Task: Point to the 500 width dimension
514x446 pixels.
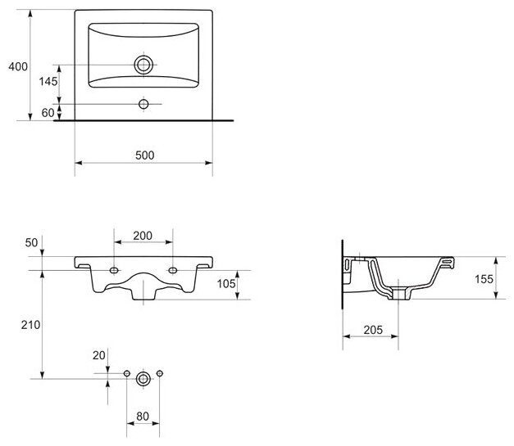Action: click(x=143, y=155)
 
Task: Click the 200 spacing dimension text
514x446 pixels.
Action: click(x=143, y=235)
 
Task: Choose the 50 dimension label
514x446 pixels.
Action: click(x=31, y=243)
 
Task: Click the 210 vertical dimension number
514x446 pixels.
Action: click(x=30, y=325)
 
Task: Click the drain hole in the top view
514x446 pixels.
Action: click(x=144, y=64)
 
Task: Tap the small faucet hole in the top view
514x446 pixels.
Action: click(x=143, y=104)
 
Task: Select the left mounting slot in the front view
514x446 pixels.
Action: click(x=113, y=269)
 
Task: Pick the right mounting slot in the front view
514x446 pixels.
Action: click(x=174, y=269)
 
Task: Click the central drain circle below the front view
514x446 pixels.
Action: click(x=143, y=377)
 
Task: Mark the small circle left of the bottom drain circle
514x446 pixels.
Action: click(x=127, y=373)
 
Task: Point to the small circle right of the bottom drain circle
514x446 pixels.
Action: click(x=160, y=373)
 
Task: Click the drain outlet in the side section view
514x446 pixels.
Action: click(x=401, y=292)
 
